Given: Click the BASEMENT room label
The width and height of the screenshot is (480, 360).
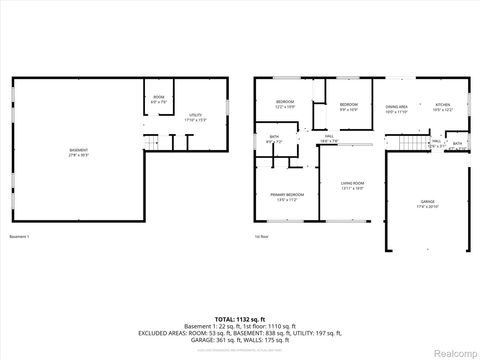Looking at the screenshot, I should pos(77,153).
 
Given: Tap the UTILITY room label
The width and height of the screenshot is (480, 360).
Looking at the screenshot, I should pos(196,118).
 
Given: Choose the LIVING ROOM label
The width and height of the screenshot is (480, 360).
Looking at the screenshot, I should pos(352,185).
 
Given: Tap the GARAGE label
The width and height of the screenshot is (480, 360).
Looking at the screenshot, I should pos(427,206).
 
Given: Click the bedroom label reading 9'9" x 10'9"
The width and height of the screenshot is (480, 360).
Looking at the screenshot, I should pos(347,106).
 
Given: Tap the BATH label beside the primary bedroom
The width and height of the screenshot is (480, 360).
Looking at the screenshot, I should pos(274,140).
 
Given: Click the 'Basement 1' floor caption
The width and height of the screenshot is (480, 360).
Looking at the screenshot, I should pos(20,237).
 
